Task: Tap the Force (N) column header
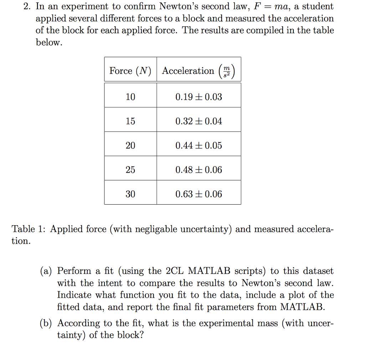pos(130,71)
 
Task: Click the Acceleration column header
pos(199,71)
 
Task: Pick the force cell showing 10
pos(130,97)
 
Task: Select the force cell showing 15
pos(130,121)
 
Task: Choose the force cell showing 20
pos(130,145)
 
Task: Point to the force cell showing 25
pos(130,170)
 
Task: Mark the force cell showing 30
pos(130,194)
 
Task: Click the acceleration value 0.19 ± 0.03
pos(199,97)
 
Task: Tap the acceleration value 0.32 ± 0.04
pos(199,121)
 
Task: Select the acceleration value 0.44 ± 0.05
pos(199,145)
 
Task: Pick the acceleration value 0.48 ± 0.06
pos(199,170)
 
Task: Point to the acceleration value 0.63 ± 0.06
pos(199,194)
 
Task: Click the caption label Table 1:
pos(29,229)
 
